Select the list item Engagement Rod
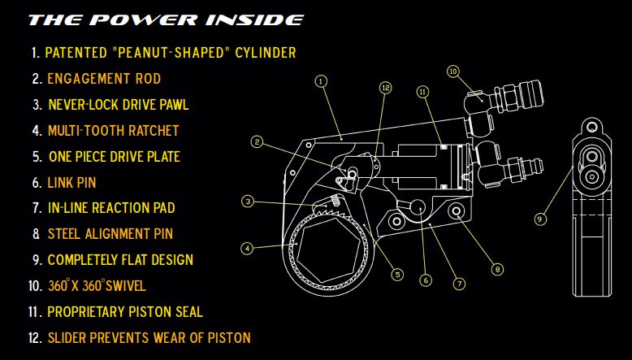coord(104,79)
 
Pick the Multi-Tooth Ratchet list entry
coord(113,130)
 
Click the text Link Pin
coord(71,182)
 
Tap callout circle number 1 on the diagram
coord(322,81)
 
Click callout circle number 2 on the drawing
coord(257,142)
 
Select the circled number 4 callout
coord(247,248)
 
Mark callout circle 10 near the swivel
coord(453,72)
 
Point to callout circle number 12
coord(385,87)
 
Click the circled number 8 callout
coord(497,269)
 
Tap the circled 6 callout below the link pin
coord(425,280)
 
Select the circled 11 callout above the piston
coord(422,92)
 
